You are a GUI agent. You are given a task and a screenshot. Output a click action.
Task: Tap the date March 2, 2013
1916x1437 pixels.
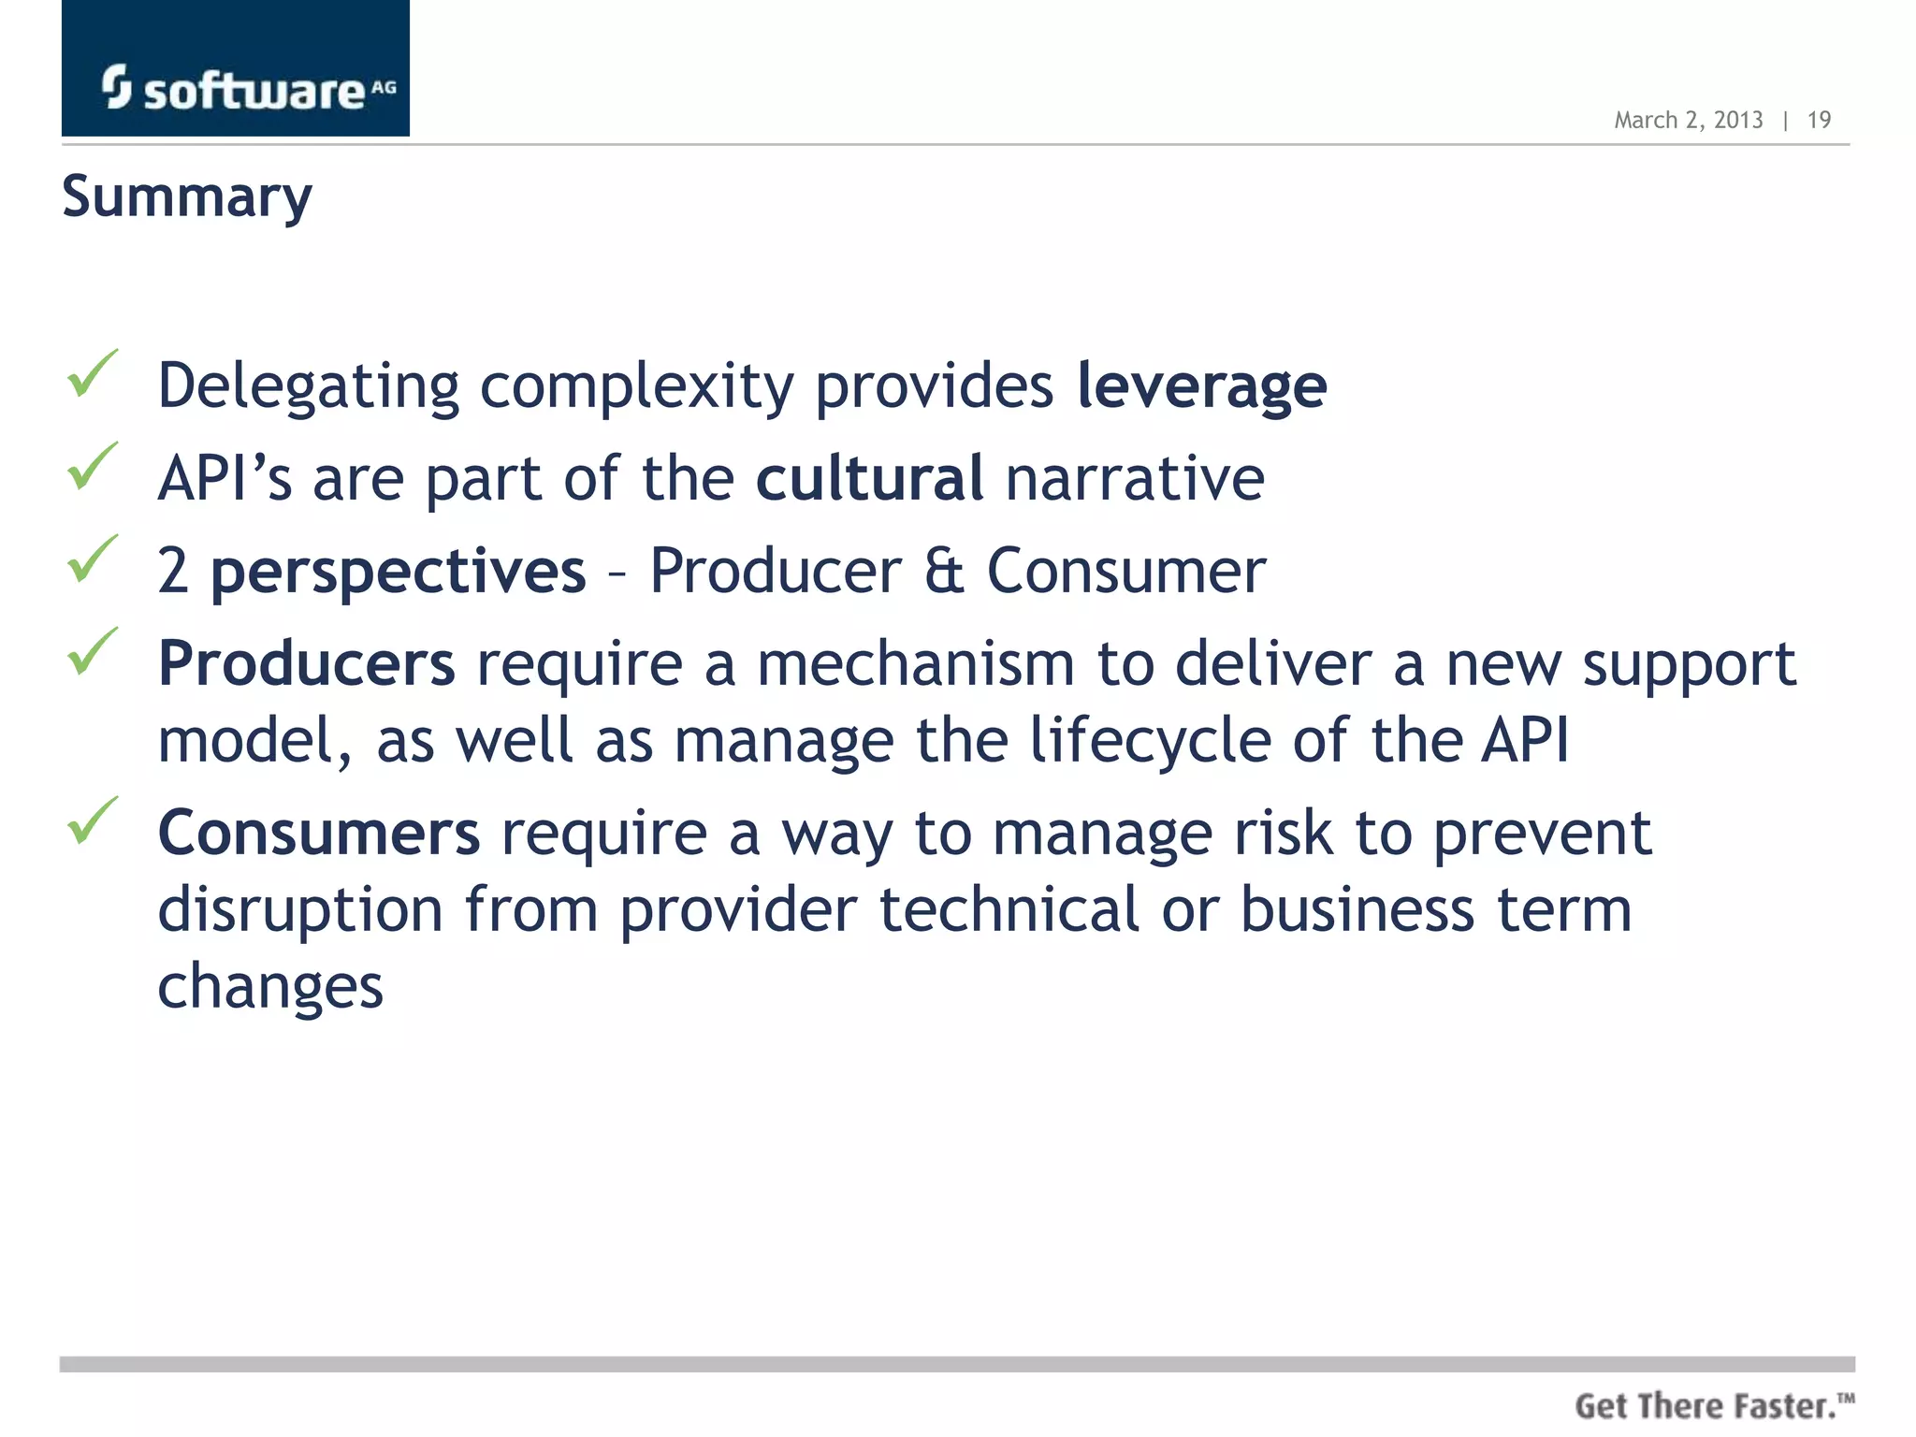1688,121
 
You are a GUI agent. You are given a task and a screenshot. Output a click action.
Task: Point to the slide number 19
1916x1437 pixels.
1819,121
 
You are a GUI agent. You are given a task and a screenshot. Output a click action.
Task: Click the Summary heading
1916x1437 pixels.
187,197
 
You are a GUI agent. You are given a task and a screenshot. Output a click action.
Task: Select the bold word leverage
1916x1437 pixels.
1201,385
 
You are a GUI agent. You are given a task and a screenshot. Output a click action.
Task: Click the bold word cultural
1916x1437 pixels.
869,478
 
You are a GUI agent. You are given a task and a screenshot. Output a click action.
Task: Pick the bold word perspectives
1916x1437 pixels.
399,571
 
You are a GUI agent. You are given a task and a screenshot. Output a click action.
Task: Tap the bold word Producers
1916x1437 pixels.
307,663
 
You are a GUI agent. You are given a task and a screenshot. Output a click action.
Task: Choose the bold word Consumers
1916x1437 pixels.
319,833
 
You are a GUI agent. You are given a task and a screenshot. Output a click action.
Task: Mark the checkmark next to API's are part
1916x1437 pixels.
93,466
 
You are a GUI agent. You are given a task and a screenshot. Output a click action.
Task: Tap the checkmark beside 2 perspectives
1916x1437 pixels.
93,559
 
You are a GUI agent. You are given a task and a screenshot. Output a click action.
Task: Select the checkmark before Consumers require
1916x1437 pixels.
93,820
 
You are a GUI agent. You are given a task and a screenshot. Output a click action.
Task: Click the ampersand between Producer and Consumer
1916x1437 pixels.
943,571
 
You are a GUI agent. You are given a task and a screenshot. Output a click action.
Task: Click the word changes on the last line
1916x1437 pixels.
270,986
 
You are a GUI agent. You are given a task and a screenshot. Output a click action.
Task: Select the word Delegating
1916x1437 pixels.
309,385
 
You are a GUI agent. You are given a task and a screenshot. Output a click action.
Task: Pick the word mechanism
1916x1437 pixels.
915,663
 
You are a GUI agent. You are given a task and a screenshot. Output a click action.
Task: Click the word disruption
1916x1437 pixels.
300,909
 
